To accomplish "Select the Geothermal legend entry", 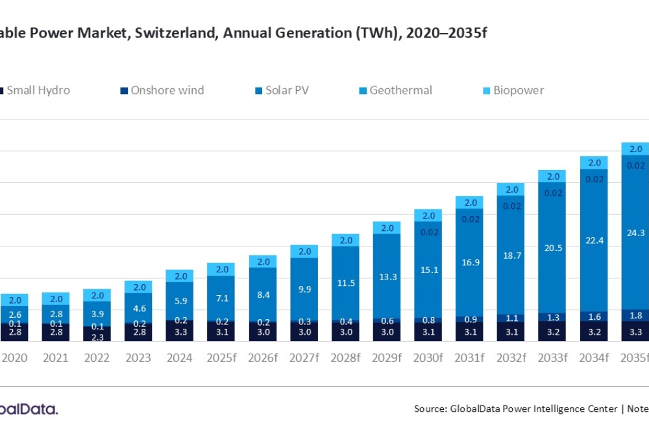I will click(x=400, y=90).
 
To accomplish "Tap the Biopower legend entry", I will click(x=518, y=90).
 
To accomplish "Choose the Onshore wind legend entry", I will click(x=167, y=90).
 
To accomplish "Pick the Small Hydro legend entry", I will click(x=38, y=90).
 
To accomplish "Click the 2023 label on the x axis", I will click(x=138, y=357).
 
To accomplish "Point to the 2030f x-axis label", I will click(x=428, y=357).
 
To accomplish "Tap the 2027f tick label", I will click(x=304, y=357).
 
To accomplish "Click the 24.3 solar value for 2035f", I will click(x=635, y=233).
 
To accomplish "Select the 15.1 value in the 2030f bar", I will click(x=428, y=270).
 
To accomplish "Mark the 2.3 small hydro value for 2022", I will click(x=97, y=337).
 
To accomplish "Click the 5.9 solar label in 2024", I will click(x=180, y=301).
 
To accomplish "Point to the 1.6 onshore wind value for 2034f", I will click(x=594, y=317).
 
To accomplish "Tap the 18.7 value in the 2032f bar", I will click(x=511, y=256).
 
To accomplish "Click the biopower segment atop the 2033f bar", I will click(x=552, y=176).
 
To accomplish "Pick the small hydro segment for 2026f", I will click(x=262, y=332).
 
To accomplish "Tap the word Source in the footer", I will click(x=429, y=409).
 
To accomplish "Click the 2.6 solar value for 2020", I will click(x=14, y=314).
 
